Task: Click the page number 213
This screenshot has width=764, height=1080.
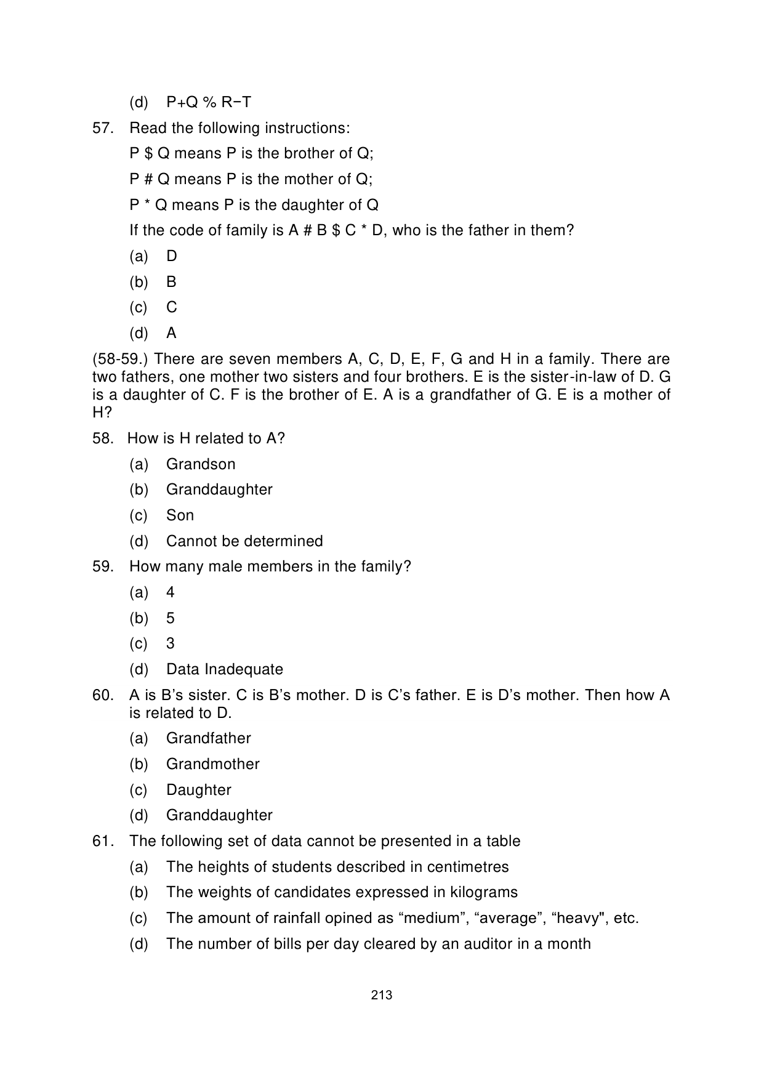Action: (382, 995)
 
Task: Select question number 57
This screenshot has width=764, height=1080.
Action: (103, 128)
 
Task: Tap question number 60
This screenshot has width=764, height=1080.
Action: (103, 695)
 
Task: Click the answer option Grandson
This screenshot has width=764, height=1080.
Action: (201, 464)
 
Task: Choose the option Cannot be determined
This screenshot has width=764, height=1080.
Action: (244, 541)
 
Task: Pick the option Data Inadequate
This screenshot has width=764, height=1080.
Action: (225, 669)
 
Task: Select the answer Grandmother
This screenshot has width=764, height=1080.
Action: (213, 764)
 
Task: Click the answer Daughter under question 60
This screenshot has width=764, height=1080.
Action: (199, 790)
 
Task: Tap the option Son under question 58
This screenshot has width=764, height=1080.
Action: (180, 515)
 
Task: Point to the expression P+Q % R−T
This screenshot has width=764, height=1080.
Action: (209, 102)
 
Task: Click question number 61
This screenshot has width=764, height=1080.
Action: (103, 841)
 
